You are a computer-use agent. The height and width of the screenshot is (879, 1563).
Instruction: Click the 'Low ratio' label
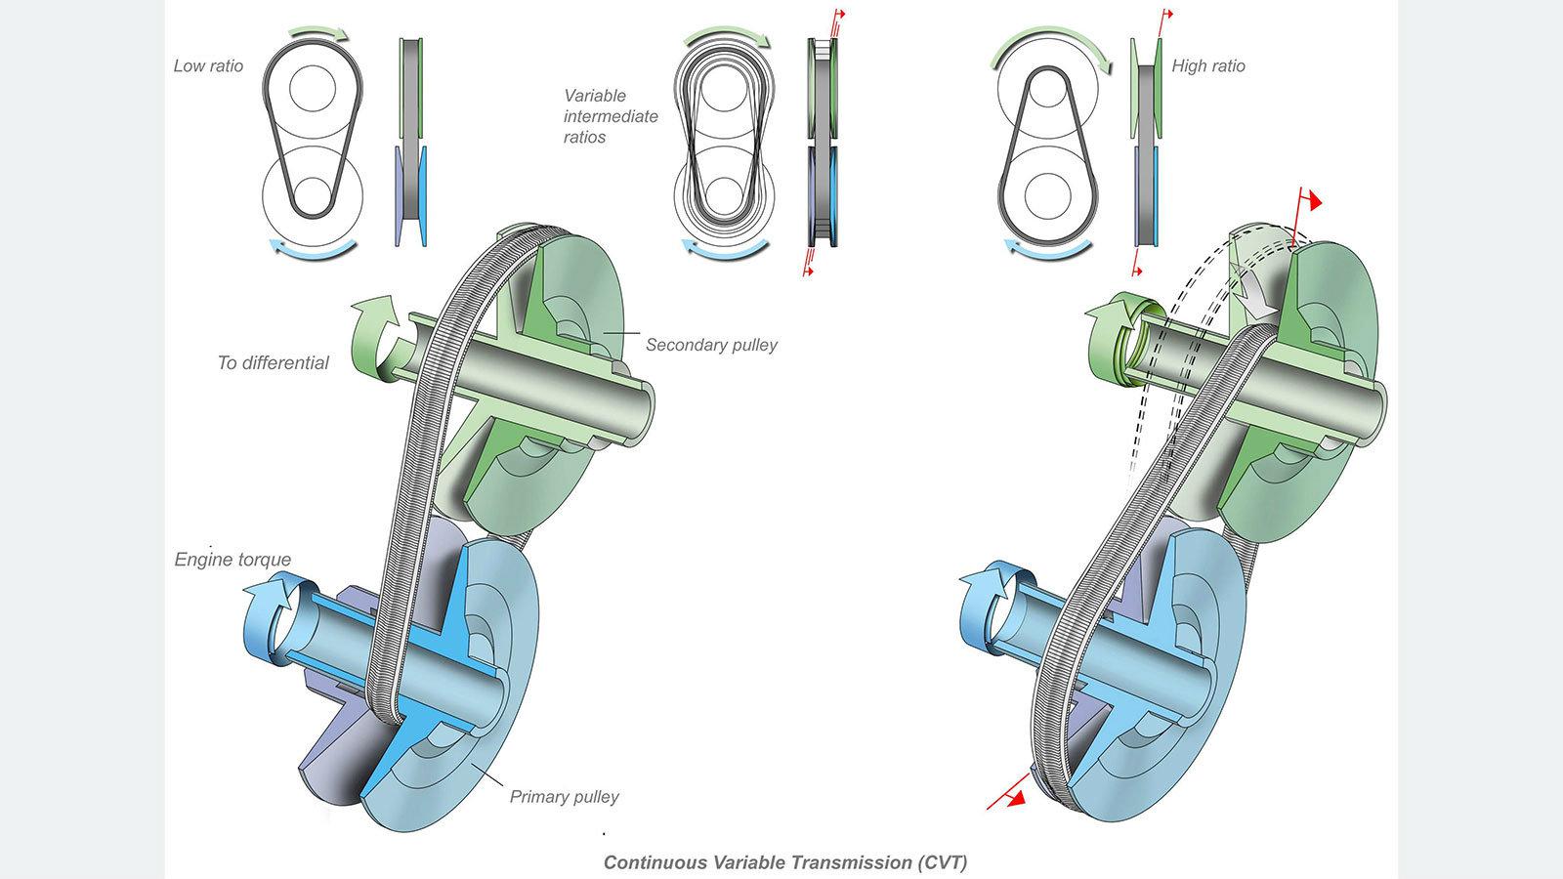pyautogui.click(x=208, y=66)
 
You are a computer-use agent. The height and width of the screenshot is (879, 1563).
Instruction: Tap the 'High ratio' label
pyautogui.click(x=1208, y=66)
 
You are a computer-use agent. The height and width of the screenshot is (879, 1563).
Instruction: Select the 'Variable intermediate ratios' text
pyautogui.click(x=611, y=116)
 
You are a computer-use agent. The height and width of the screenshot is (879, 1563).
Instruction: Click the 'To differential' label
pyautogui.click(x=273, y=362)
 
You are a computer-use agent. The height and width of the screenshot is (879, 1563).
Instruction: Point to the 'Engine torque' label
pyautogui.click(x=232, y=560)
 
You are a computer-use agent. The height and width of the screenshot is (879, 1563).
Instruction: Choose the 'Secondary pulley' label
pyautogui.click(x=711, y=345)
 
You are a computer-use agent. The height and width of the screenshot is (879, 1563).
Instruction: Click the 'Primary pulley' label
pyautogui.click(x=564, y=796)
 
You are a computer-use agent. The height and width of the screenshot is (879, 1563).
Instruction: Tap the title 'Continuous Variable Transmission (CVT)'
pyautogui.click(x=785, y=862)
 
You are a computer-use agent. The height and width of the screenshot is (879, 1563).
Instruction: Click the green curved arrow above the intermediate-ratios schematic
pyautogui.click(x=728, y=39)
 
